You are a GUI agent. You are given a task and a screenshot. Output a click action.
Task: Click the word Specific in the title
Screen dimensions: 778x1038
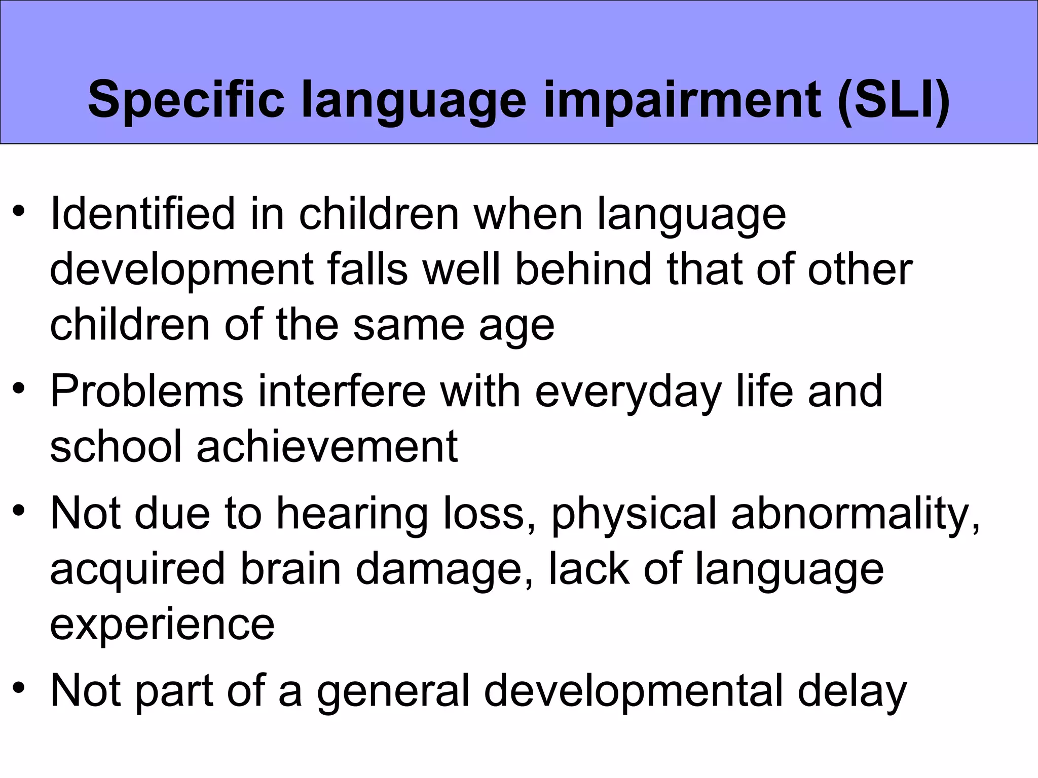[186, 100]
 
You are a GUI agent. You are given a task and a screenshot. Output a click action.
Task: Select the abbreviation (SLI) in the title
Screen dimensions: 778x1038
[894, 100]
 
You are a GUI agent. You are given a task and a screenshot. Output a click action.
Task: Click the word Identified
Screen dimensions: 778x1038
[142, 214]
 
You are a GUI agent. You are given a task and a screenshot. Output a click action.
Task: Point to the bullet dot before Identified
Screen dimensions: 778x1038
[19, 211]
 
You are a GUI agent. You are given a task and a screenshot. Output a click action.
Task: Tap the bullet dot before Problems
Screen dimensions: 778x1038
[19, 388]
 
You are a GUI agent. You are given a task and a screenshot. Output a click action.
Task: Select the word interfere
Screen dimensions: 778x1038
[342, 391]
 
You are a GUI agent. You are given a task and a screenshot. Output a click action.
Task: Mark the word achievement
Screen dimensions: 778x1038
[327, 446]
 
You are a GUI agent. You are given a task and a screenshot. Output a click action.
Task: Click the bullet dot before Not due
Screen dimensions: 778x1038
[19, 510]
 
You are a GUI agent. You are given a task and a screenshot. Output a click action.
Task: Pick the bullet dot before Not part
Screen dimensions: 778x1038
[19, 687]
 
